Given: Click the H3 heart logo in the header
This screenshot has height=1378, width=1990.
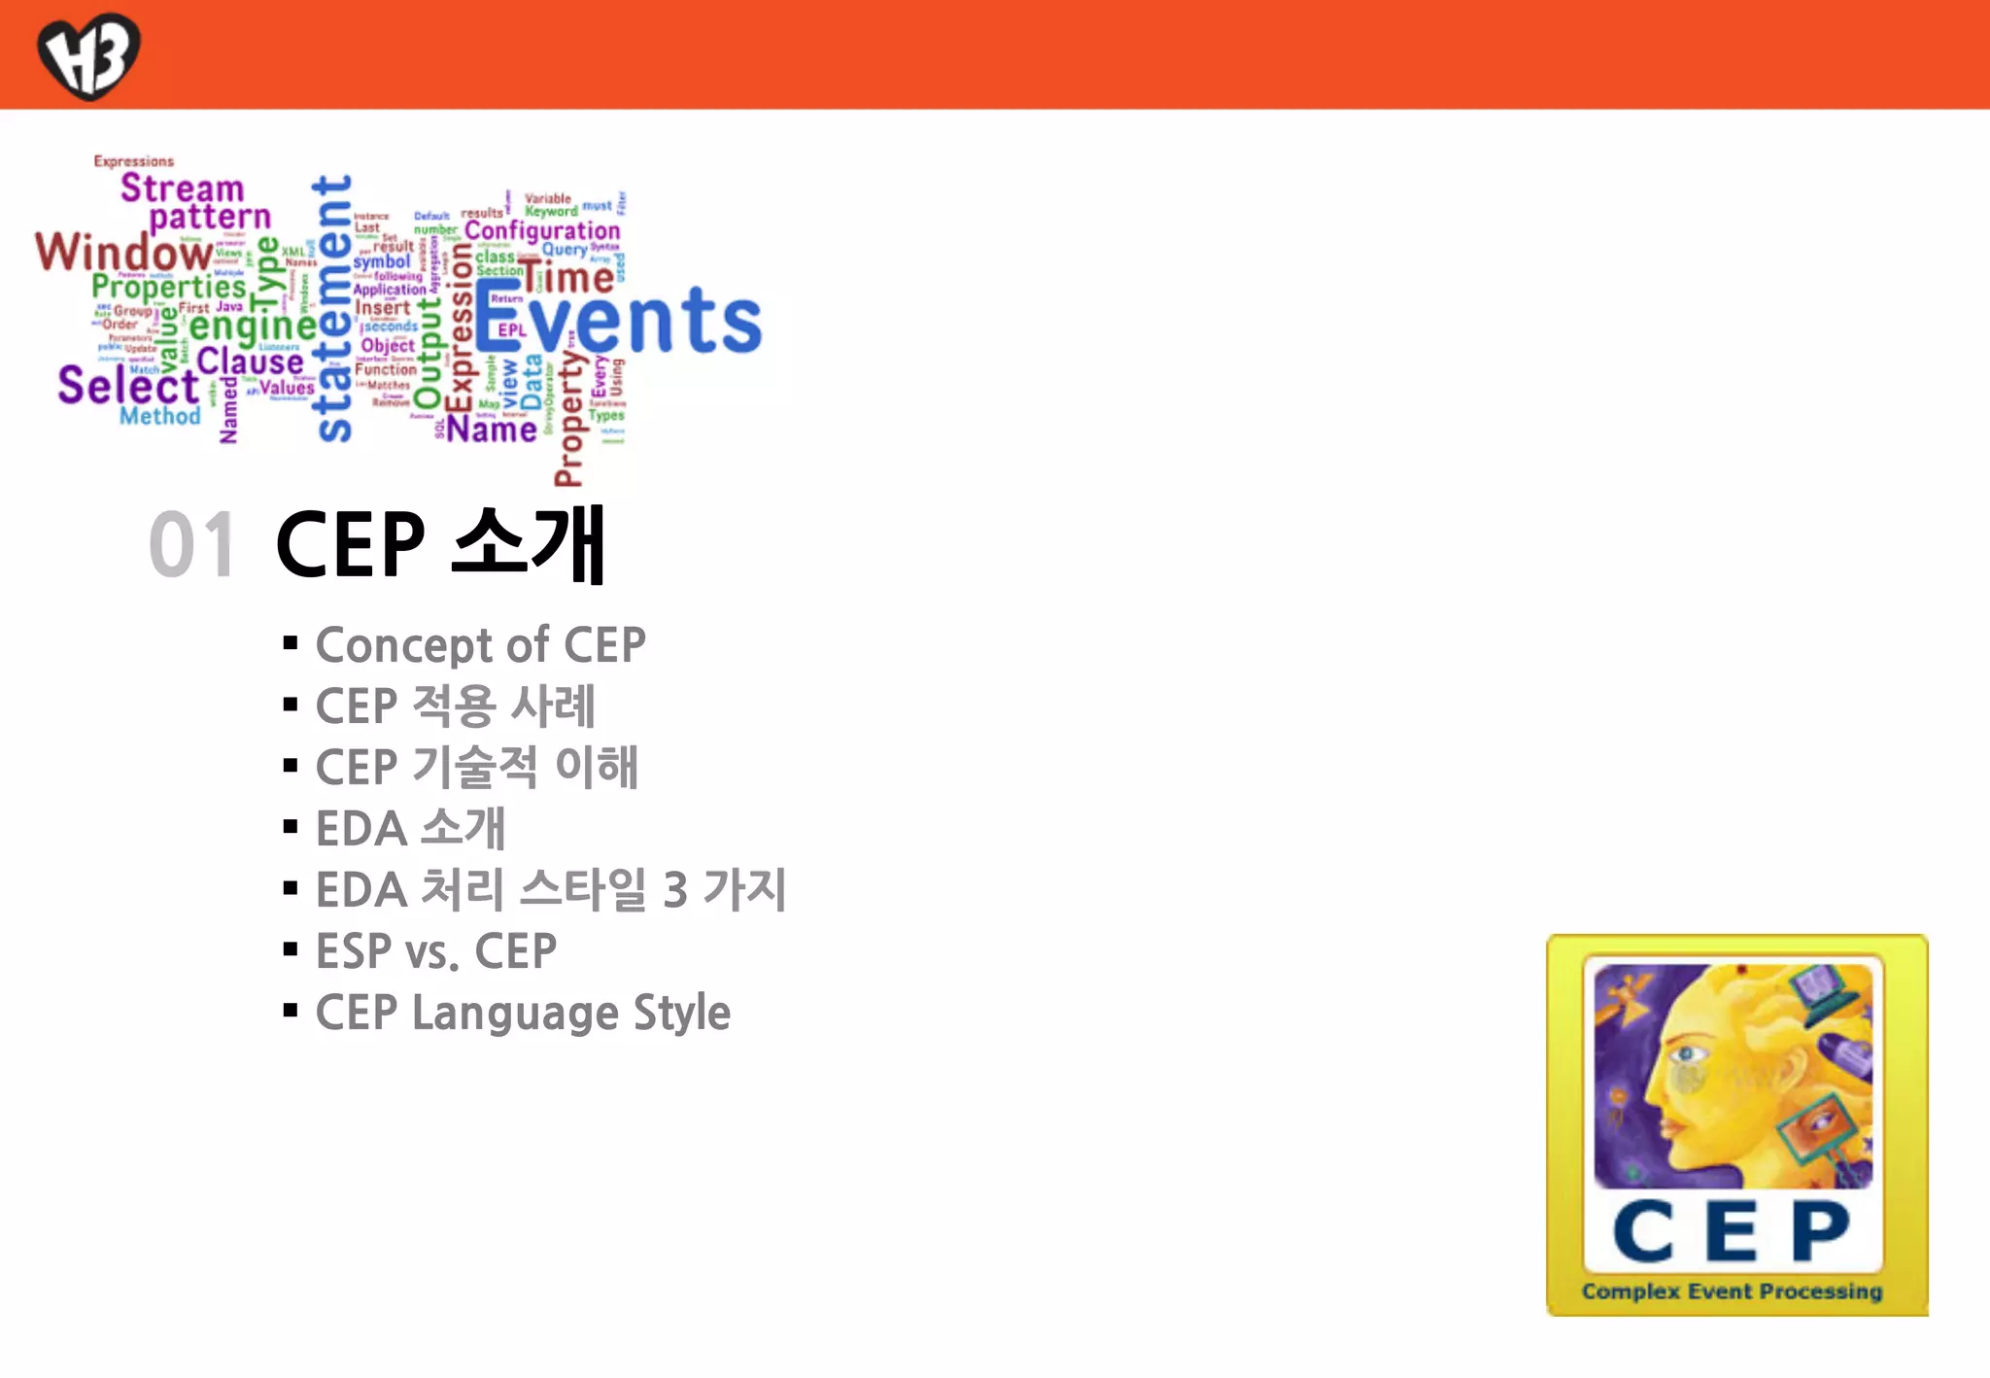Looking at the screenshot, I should pyautogui.click(x=88, y=55).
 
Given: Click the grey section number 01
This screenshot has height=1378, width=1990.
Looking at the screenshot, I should pyautogui.click(x=192, y=545).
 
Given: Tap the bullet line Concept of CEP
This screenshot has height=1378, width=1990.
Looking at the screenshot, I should pyautogui.click(x=480, y=645).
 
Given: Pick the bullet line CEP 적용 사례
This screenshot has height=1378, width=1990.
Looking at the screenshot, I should pyautogui.click(x=455, y=706).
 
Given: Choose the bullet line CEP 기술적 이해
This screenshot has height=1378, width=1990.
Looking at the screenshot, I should pyautogui.click(x=476, y=768).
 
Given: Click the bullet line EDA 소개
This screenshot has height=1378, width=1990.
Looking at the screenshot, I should pyautogui.click(x=410, y=829).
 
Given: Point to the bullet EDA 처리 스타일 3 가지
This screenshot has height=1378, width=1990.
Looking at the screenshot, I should pyautogui.click(x=550, y=890).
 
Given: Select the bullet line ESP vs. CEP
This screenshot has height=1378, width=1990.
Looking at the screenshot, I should pyautogui.click(x=435, y=951).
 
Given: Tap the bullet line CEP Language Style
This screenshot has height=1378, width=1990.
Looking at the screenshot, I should pyautogui.click(x=523, y=1013).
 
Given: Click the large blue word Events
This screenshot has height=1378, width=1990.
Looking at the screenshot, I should pyautogui.click(x=619, y=320).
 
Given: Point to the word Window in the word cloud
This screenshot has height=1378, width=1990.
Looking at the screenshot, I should pyautogui.click(x=123, y=252).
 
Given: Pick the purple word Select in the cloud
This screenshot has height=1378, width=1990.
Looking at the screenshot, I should pyautogui.click(x=127, y=385).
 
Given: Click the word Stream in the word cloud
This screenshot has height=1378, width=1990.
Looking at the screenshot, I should pyautogui.click(x=182, y=188).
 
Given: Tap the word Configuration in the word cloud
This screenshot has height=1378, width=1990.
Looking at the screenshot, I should pyautogui.click(x=541, y=230).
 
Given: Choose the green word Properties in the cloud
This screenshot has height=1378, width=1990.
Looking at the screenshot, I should pyautogui.click(x=169, y=287).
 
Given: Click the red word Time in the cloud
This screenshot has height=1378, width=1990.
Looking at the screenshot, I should pyautogui.click(x=566, y=278).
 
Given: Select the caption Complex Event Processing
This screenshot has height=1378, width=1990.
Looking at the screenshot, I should pyautogui.click(x=1732, y=1292).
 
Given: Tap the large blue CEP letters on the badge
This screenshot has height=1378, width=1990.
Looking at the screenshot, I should pyautogui.click(x=1732, y=1231).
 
